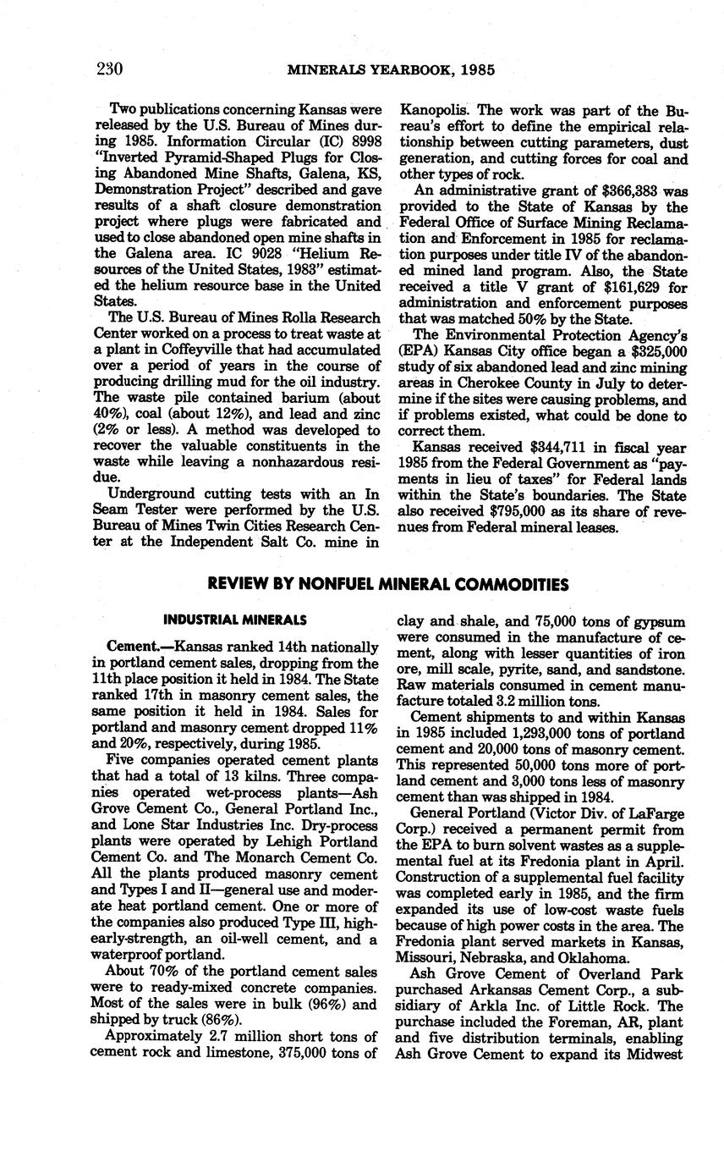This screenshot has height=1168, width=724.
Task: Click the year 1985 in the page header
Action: [x=474, y=70]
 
